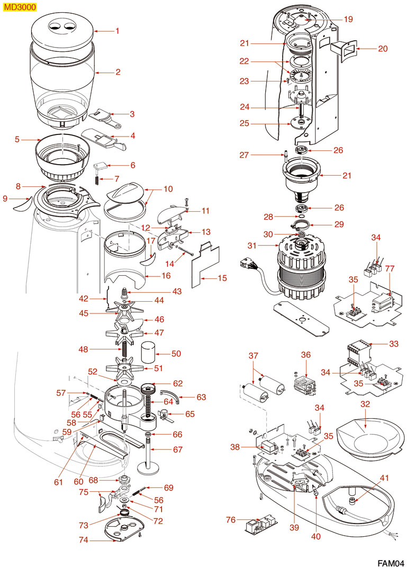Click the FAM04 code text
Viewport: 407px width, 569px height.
[x=390, y=562]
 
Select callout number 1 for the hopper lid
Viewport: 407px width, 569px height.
[x=117, y=31]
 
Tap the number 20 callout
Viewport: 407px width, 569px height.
[x=383, y=49]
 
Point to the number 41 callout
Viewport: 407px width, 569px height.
[x=384, y=478]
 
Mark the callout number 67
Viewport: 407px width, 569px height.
[x=178, y=450]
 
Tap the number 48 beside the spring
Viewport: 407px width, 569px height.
[x=84, y=349]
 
